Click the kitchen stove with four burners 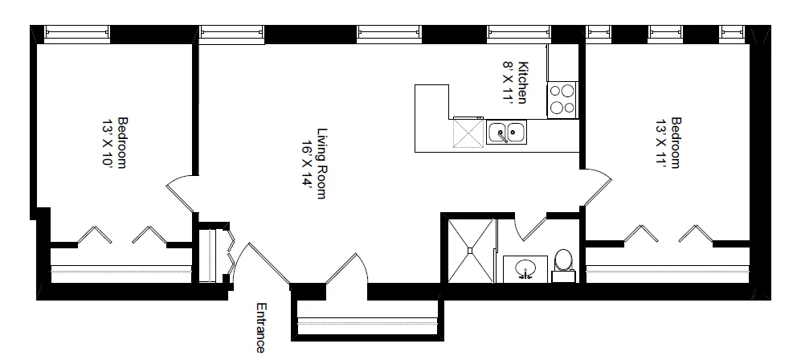pyautogui.click(x=562, y=100)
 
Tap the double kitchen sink pyautogui.click(x=506, y=131)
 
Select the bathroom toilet pyautogui.click(x=563, y=262)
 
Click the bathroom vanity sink pyautogui.click(x=525, y=268)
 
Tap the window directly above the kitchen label pyautogui.click(x=518, y=32)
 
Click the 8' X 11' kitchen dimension pyautogui.click(x=508, y=83)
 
